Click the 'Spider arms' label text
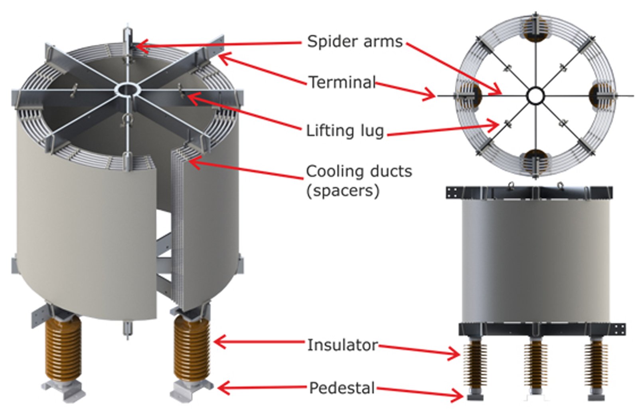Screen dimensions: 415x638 355,42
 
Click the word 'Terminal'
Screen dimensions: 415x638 342,83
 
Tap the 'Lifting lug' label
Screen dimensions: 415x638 345,131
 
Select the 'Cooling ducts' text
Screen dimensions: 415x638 359,171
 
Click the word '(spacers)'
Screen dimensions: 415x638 342,191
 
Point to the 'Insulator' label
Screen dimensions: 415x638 342,345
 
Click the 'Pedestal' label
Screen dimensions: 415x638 342,388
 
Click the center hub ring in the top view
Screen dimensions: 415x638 535,96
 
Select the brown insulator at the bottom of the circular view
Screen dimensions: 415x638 535,161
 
